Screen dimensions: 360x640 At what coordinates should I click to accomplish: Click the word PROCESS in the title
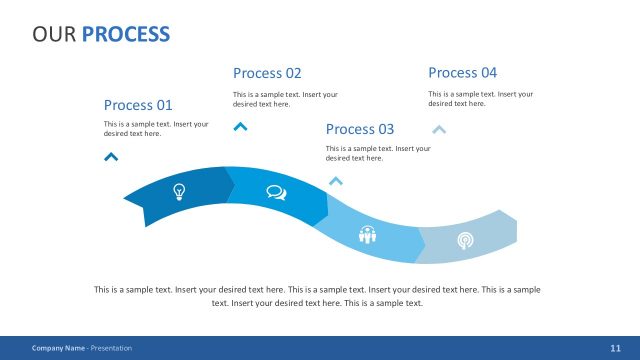(126, 35)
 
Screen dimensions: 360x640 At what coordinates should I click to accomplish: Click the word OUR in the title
(54, 35)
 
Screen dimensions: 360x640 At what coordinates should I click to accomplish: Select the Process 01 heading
(138, 105)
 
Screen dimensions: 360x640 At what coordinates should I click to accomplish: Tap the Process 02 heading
(267, 73)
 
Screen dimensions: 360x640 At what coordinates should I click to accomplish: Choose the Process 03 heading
(360, 129)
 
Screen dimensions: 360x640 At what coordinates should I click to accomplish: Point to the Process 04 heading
(462, 73)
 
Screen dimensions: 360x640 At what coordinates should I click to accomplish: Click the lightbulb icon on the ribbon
(179, 191)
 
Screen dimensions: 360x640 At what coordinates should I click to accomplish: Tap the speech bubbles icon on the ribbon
(276, 193)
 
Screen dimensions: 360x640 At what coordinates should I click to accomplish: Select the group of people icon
(368, 235)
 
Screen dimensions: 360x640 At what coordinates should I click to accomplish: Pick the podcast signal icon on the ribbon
(465, 240)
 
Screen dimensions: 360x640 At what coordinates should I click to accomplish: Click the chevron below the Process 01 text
(111, 156)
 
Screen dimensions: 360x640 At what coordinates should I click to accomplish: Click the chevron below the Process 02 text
(240, 127)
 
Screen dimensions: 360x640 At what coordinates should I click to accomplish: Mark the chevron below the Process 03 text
(336, 181)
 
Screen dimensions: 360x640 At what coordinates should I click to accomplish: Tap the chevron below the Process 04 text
(439, 129)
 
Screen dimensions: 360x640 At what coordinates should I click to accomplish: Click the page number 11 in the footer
(614, 348)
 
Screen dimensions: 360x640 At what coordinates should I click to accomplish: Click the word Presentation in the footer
(111, 348)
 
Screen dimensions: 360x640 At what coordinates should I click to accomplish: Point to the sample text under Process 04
(480, 98)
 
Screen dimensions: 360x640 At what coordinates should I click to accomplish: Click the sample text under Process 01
(156, 129)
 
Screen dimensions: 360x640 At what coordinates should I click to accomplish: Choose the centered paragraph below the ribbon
(318, 295)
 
